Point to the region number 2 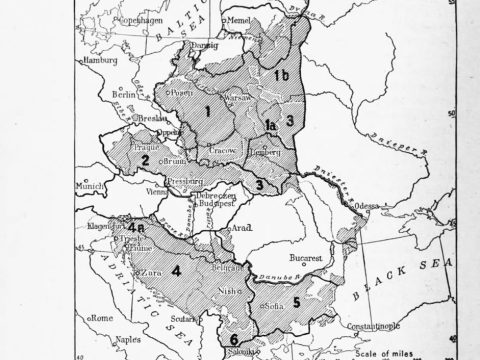tap(145, 160)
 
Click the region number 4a tap(125, 228)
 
